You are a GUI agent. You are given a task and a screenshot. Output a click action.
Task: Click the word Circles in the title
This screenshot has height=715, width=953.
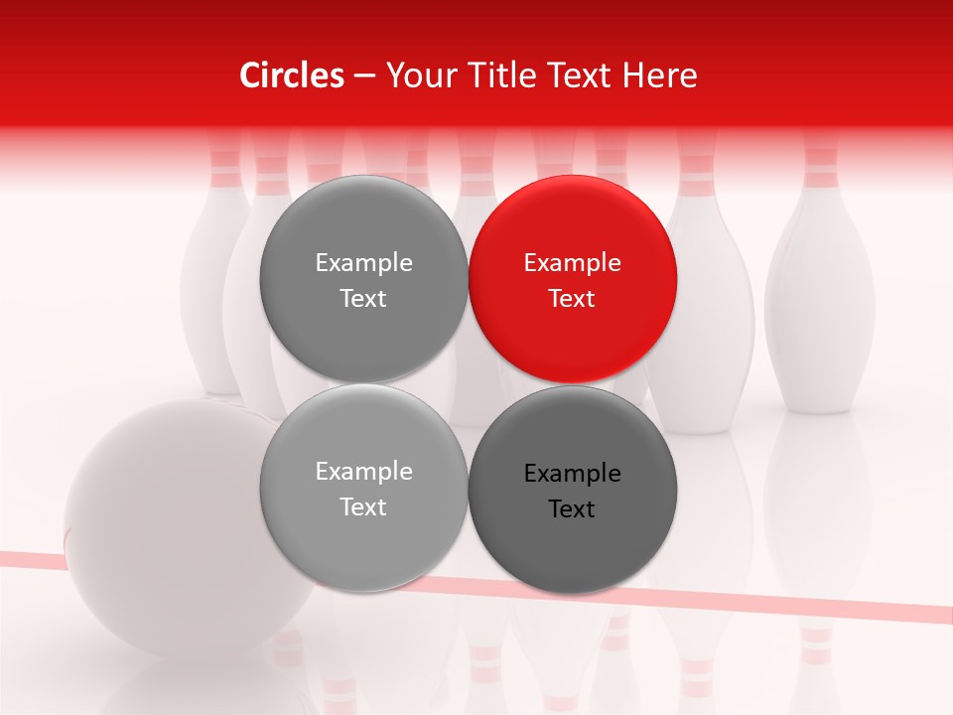tap(292, 75)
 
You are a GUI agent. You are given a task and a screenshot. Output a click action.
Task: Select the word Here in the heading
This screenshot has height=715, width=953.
tap(659, 75)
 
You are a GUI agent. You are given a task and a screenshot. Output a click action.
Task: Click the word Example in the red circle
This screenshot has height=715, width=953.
tap(572, 263)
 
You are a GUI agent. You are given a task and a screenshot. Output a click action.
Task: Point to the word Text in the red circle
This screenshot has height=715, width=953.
tap(572, 299)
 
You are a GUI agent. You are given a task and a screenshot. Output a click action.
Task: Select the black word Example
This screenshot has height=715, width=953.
tap(572, 474)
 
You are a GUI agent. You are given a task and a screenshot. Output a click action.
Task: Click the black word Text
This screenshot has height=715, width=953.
tap(572, 509)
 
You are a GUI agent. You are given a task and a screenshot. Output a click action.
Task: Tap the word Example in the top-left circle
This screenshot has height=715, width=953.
tap(363, 263)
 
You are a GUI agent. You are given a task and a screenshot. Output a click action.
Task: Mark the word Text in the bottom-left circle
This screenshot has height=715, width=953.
tap(363, 507)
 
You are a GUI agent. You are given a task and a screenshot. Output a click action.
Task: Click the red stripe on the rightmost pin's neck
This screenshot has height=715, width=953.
tap(820, 157)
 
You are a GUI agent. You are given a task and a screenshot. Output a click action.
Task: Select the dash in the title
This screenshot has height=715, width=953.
tap(363, 75)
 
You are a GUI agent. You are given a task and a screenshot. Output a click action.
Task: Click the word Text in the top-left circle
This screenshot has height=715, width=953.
tap(363, 299)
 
